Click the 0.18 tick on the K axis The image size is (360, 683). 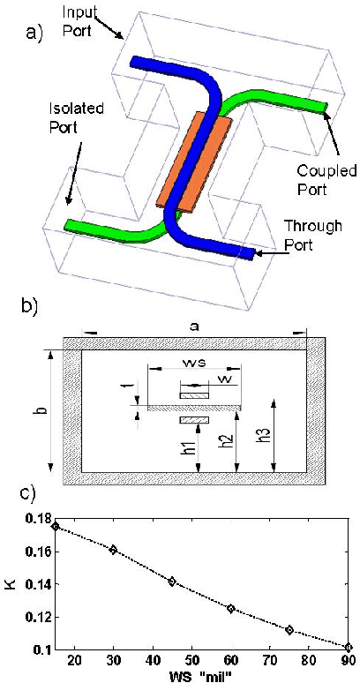tap(35, 518)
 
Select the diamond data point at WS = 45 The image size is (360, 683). tap(172, 582)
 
